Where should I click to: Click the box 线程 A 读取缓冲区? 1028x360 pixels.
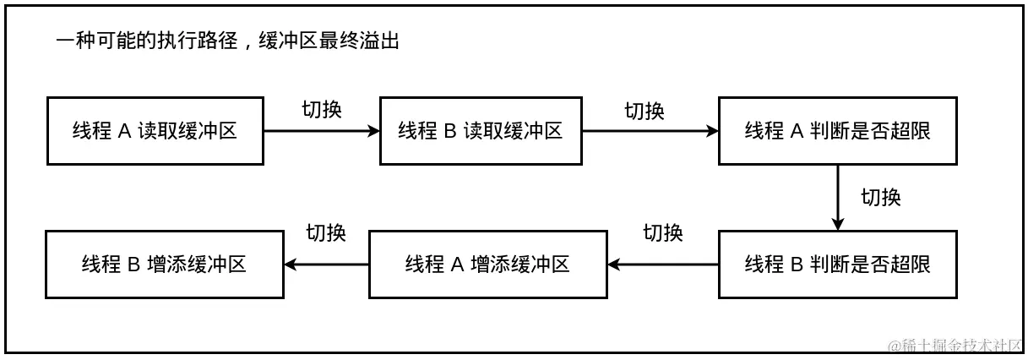pos(156,131)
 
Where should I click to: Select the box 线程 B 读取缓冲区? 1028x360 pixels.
pos(481,131)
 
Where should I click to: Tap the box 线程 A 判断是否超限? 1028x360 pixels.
pos(837,131)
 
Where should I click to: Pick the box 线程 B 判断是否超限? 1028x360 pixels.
pos(837,264)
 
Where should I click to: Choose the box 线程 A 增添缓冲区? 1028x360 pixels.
pos(488,264)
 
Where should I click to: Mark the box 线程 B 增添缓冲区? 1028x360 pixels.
pos(164,264)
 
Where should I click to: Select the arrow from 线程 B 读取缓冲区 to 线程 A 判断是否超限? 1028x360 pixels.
pos(650,131)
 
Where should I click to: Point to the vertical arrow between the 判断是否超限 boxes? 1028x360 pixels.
pos(837,197)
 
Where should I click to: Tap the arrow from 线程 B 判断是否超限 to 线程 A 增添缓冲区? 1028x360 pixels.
pos(663,264)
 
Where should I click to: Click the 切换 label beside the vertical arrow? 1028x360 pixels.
pos(880,198)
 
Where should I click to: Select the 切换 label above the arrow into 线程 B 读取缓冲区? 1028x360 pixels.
pos(322,110)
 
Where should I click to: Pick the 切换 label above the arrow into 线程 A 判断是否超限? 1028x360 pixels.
pos(645,111)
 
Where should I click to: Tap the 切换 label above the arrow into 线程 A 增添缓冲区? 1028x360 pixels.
pos(663,232)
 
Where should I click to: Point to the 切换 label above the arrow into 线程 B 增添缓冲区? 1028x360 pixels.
pos(326,232)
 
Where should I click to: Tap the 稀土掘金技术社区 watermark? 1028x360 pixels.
pos(955,345)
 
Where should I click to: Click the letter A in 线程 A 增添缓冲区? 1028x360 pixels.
pos(458,264)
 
